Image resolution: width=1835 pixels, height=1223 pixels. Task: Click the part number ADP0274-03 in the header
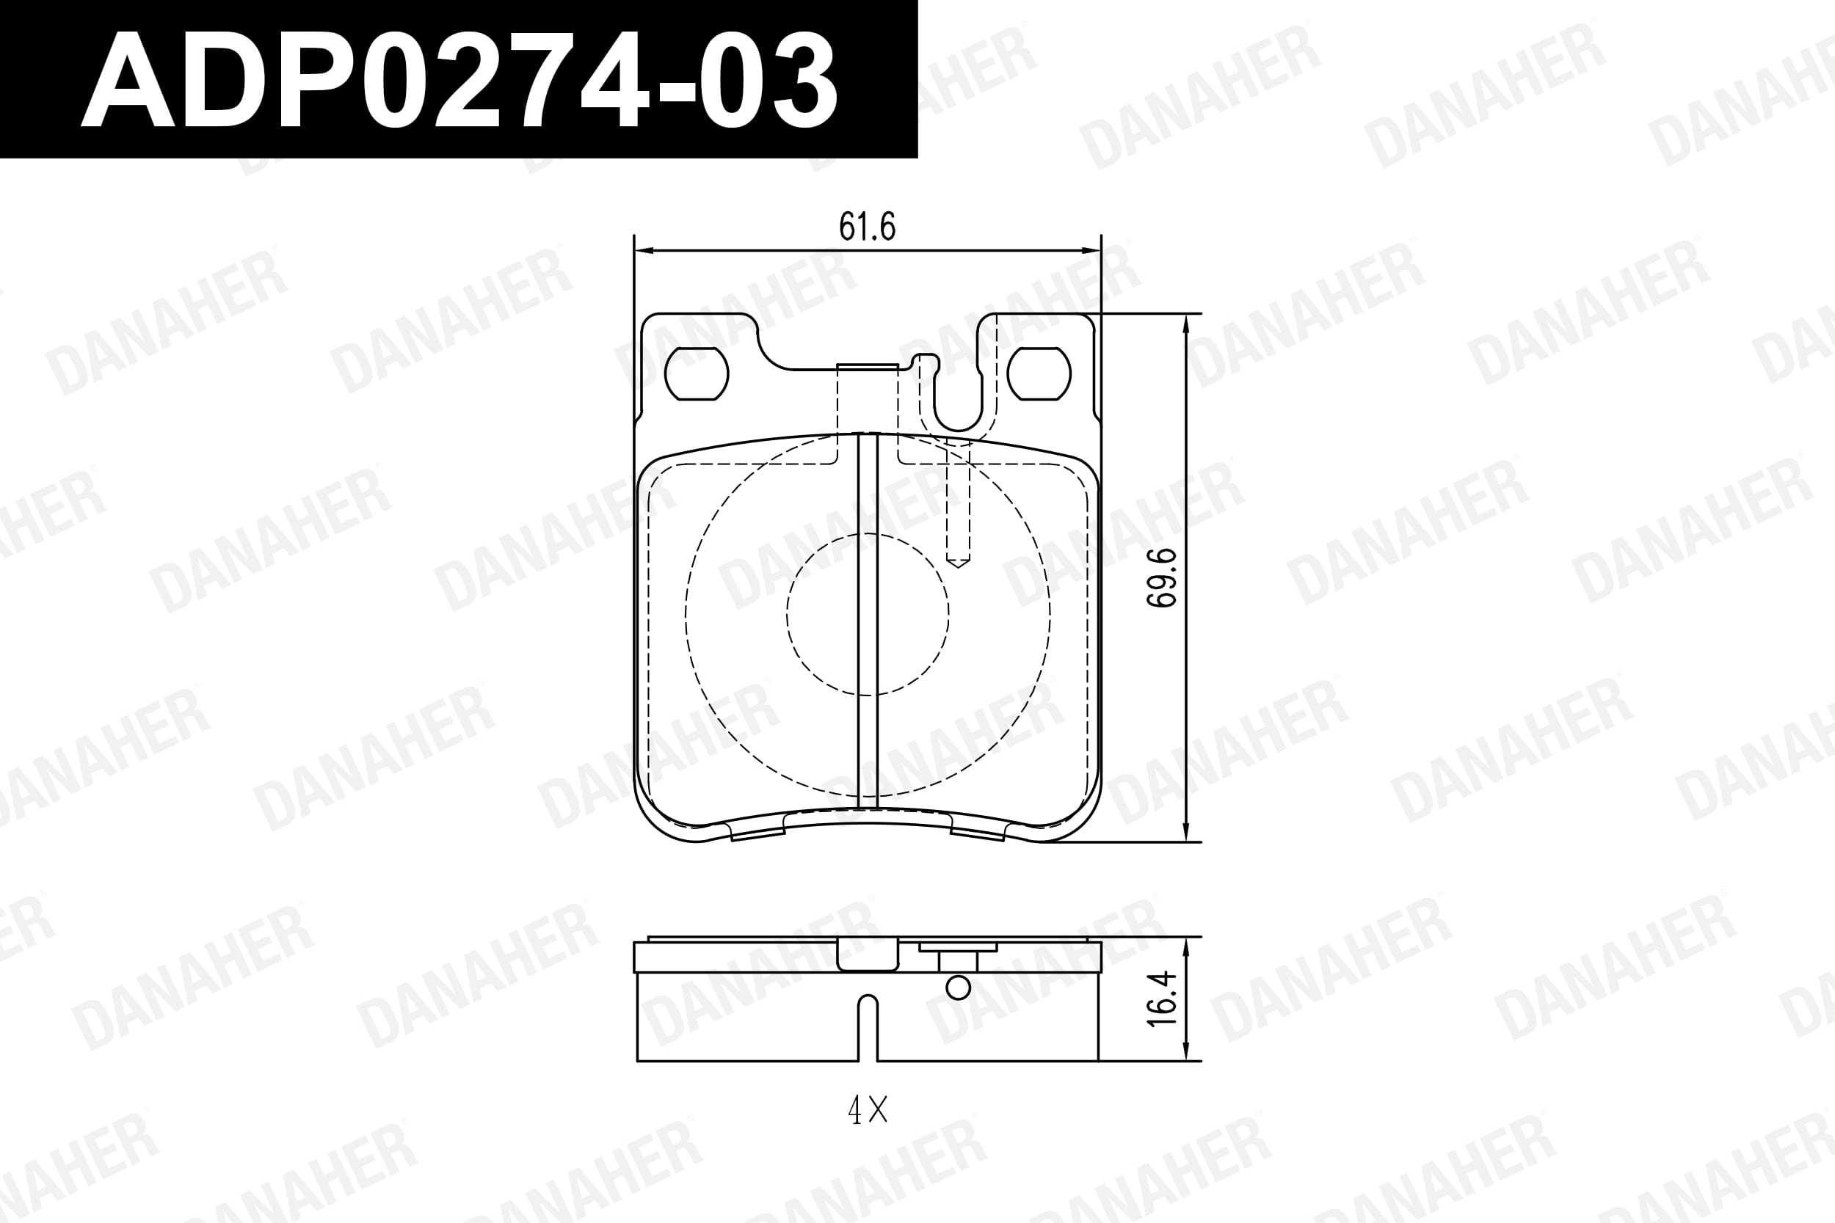(459, 81)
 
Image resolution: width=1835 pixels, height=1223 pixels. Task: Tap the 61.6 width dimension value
(867, 226)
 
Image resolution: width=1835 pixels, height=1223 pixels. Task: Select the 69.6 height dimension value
(1162, 577)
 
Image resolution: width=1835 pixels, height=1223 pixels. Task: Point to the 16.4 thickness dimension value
(1162, 999)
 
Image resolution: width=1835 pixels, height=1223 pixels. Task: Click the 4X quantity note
(868, 1110)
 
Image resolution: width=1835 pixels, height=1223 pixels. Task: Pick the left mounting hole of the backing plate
(696, 373)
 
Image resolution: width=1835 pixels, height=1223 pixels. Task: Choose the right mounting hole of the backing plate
(1039, 373)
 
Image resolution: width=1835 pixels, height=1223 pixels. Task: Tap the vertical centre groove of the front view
(868, 620)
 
